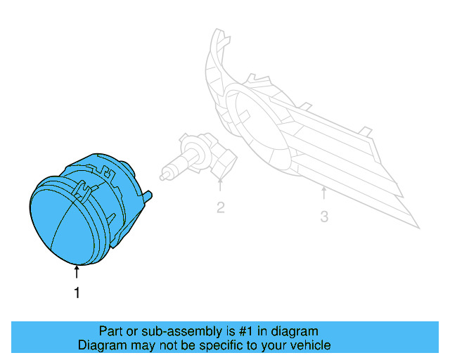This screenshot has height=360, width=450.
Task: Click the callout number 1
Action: coord(77,293)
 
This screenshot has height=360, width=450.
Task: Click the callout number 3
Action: coord(324,217)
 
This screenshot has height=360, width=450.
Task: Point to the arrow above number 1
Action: coord(77,273)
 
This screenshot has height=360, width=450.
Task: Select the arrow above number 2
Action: coord(220,186)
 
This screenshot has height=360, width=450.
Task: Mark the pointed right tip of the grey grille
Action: coord(418,226)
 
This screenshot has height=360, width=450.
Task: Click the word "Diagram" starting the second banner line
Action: coord(101,345)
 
